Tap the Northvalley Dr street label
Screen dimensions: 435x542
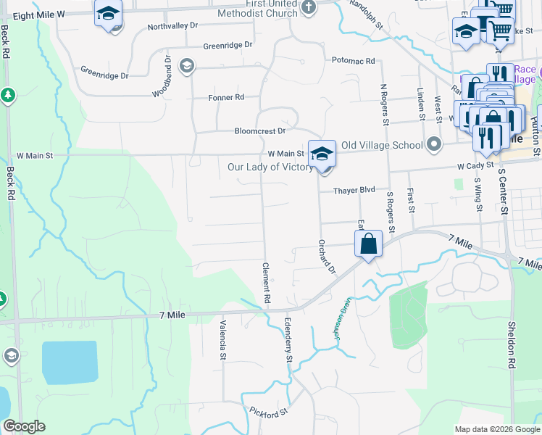point(172,26)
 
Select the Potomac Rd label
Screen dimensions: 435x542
point(354,61)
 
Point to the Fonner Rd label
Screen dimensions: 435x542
point(227,97)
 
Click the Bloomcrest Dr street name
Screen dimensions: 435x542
point(260,131)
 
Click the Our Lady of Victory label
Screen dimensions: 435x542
point(270,167)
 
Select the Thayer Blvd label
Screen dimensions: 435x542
point(354,190)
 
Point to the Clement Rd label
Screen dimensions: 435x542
point(267,283)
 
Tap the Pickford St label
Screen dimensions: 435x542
point(270,412)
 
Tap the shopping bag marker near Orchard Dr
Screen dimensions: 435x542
point(369,244)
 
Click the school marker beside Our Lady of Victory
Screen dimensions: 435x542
point(322,154)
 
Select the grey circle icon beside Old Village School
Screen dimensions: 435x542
point(433,144)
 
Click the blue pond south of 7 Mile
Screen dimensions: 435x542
point(70,362)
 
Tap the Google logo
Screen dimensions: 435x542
point(24,426)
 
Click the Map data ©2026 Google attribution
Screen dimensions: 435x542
point(497,429)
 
